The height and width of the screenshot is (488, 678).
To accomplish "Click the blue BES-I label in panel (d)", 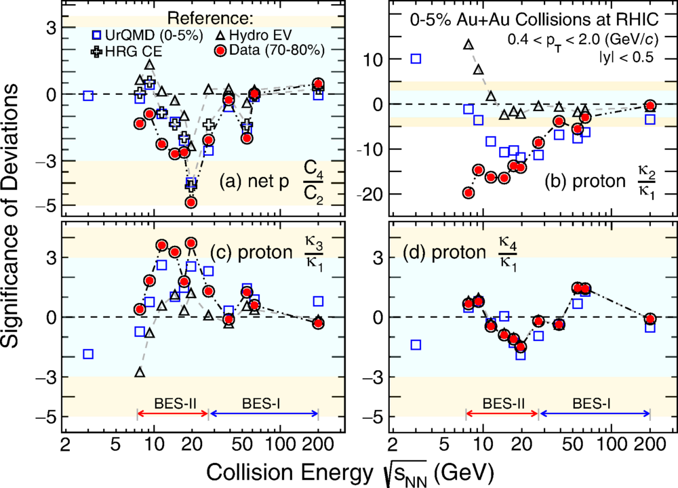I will [x=593, y=403].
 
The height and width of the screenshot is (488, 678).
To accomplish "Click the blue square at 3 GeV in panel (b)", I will [x=416, y=59].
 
